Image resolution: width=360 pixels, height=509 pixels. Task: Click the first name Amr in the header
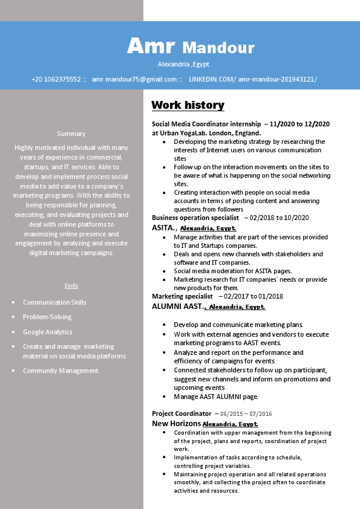pos(151,45)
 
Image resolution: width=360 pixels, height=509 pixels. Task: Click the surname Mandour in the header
pos(218,47)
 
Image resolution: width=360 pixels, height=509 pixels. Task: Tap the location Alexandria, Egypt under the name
pos(183,64)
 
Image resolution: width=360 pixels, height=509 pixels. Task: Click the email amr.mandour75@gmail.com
pos(134,79)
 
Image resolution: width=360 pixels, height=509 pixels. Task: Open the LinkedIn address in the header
pos(253,79)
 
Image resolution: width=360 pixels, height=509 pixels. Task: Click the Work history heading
pos(188,105)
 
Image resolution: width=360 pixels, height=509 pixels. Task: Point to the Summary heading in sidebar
pos(71,134)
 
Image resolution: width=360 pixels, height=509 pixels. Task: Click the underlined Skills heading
pos(71,285)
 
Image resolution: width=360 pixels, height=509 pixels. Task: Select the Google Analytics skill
pos(47,332)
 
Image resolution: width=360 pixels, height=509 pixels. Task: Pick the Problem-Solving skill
pos(47,317)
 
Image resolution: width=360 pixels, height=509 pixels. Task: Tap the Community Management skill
pos(61,371)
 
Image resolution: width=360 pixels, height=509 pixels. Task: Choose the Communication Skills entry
pos(54,302)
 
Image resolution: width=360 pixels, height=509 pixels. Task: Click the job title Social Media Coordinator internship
pos(206,124)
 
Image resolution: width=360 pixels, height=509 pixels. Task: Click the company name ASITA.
pos(163,228)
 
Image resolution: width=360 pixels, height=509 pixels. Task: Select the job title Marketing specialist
pos(182,296)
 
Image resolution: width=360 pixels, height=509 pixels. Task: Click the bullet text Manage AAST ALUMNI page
pos(216,397)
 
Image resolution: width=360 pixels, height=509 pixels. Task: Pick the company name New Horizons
pos(176,424)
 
